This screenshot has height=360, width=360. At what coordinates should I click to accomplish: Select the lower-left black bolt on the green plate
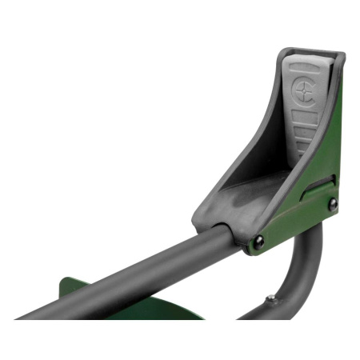[258, 242]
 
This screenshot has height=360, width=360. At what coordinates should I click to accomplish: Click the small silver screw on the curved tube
[270, 298]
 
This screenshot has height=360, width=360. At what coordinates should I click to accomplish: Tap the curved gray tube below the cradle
[300, 280]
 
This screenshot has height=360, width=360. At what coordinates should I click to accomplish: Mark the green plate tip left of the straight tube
[64, 288]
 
